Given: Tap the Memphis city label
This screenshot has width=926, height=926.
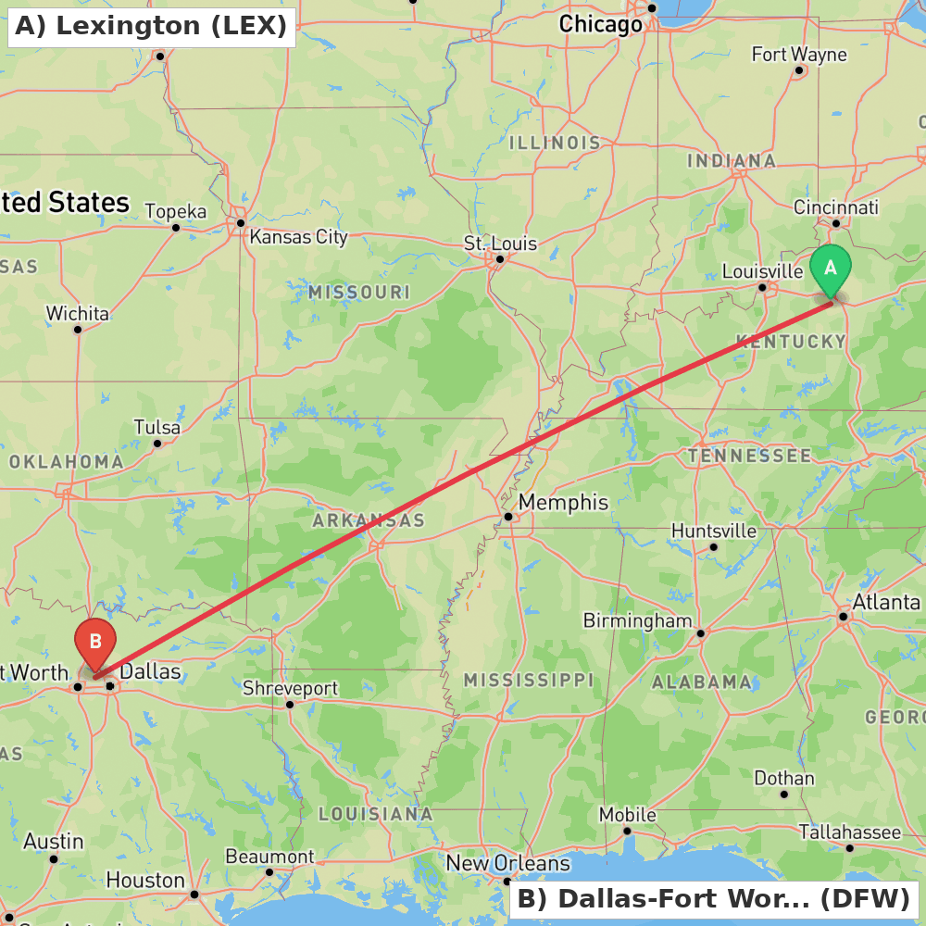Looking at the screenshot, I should (563, 503).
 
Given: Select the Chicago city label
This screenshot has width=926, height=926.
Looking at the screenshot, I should (600, 25).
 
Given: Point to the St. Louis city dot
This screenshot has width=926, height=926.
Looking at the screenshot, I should (499, 258).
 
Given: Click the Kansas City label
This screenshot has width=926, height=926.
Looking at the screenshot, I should (298, 237).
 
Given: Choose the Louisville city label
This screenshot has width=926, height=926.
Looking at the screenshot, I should (762, 271).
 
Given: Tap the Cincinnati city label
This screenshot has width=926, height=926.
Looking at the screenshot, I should (835, 207).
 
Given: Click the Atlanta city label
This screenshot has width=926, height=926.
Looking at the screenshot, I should (886, 603).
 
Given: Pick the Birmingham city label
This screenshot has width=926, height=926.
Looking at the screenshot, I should (637, 620).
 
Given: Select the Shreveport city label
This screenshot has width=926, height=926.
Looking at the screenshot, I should (290, 688).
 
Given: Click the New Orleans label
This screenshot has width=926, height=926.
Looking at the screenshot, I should (507, 863).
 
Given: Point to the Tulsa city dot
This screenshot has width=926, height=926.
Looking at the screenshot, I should (157, 444).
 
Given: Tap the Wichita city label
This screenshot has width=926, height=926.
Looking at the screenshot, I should (78, 314).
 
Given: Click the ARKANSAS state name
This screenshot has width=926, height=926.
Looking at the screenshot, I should (369, 520).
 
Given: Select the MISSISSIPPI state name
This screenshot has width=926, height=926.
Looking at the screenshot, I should (529, 681).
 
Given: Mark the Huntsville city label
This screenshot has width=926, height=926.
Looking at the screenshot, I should (713, 532).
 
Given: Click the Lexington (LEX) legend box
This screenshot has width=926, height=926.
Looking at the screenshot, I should (151, 26).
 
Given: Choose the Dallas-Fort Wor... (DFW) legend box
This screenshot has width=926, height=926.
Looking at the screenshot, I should (713, 898).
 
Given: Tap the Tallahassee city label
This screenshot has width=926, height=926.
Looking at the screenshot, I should (849, 832).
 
